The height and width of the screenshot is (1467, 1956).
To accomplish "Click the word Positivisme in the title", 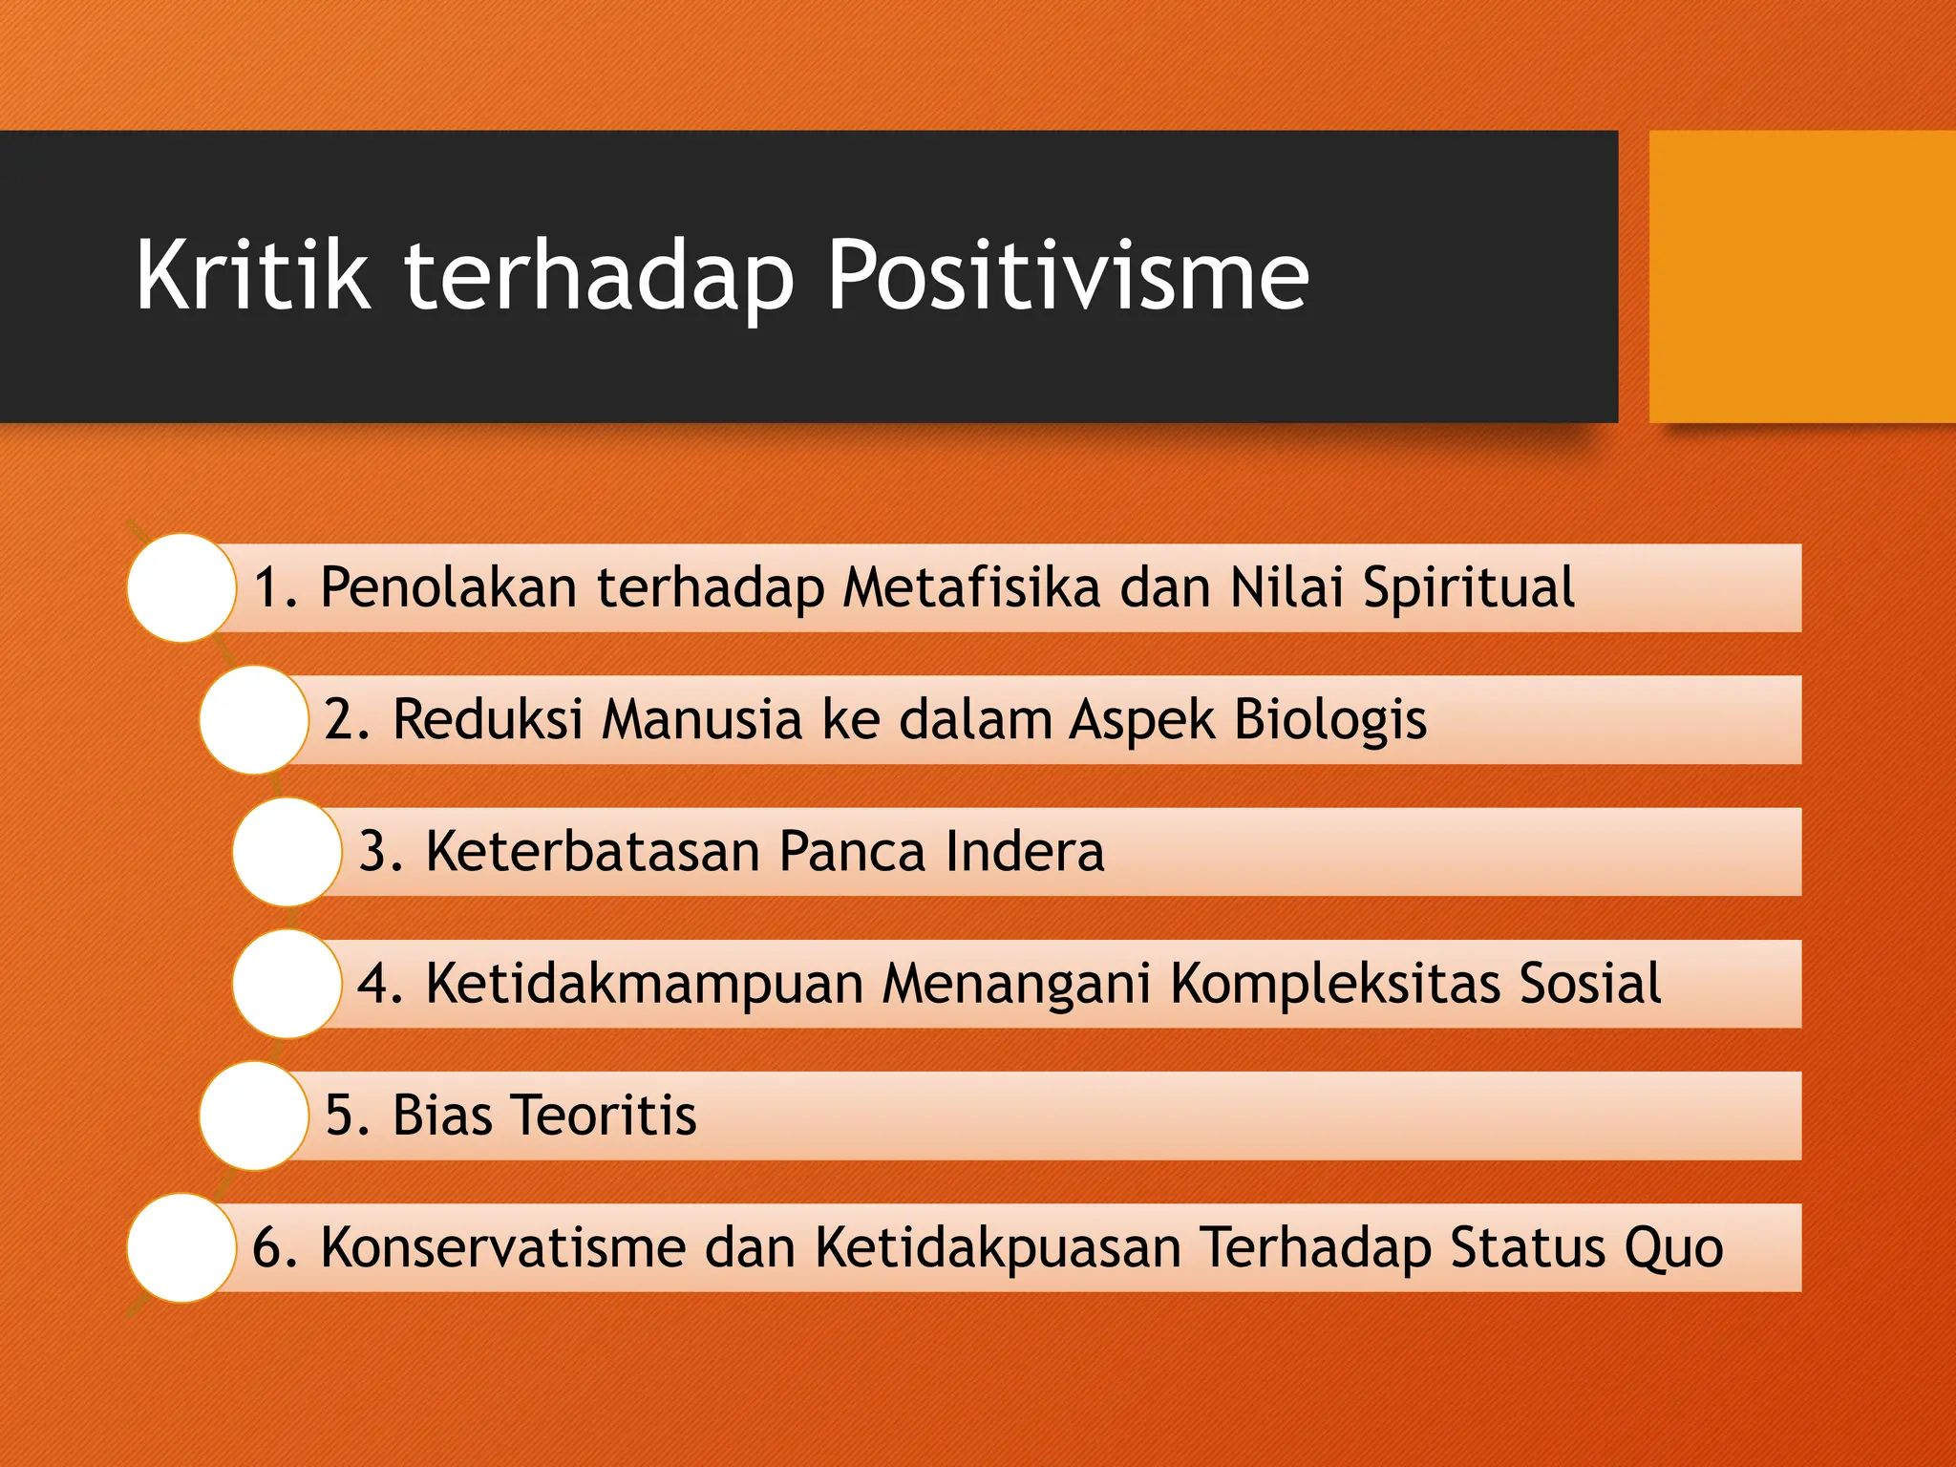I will (x=1068, y=276).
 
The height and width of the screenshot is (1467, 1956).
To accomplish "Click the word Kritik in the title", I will (x=252, y=276).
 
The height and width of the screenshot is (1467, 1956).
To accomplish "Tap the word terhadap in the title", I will (x=599, y=278).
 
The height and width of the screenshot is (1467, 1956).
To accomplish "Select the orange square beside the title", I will (x=1801, y=276).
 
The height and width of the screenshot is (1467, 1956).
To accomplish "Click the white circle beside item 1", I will (x=181, y=587).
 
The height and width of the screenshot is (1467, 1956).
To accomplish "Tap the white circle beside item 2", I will (x=254, y=719).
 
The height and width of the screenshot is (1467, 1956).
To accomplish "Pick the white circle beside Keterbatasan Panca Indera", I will (x=287, y=851).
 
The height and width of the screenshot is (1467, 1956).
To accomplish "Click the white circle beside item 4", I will (x=287, y=984).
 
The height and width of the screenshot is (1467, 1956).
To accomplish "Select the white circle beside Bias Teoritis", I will (x=254, y=1116).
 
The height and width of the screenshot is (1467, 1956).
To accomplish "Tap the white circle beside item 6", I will (x=181, y=1247).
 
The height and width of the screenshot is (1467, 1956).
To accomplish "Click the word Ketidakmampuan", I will (x=645, y=985).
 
